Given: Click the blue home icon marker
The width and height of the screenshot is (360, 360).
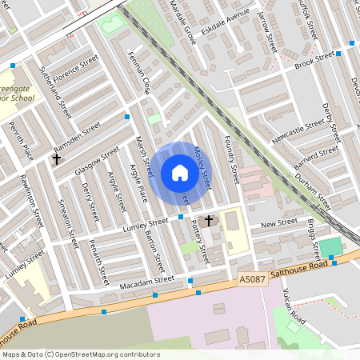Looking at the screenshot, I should tap(180, 173).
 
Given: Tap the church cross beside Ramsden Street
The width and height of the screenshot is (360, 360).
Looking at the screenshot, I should tap(56, 158).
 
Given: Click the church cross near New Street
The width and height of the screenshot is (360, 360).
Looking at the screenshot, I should tap(210, 220).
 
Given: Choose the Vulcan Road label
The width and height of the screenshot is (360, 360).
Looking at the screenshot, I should tap(294, 307).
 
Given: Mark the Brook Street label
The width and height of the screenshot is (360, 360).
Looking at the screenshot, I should tap(314, 60).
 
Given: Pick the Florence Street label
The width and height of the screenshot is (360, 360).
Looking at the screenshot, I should tap(76, 72).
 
